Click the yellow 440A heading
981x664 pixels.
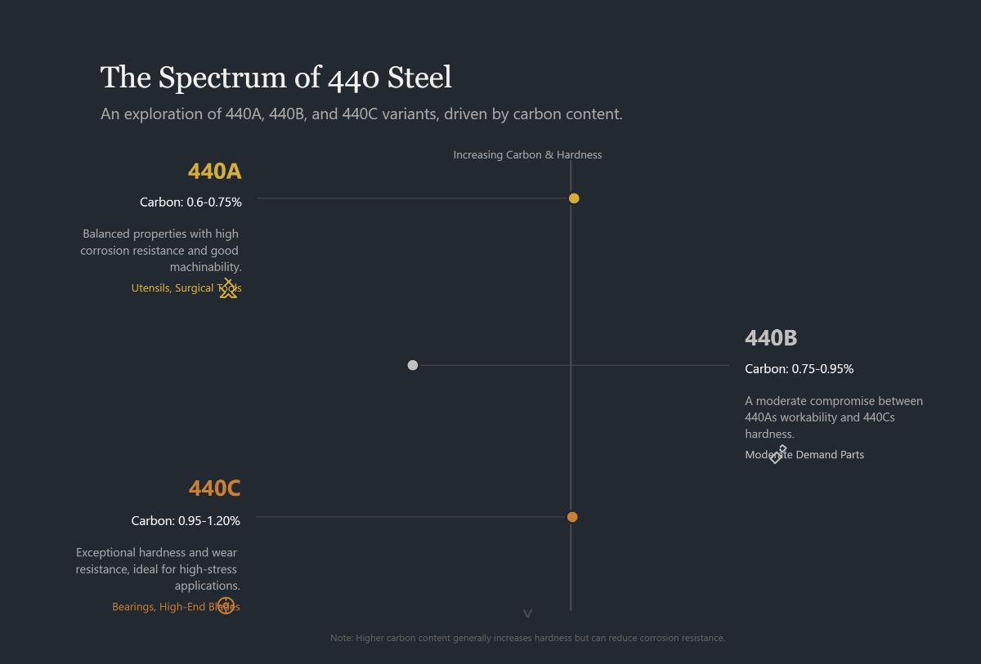point(214,171)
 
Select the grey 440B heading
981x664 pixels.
point(771,337)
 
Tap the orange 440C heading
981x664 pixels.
point(214,488)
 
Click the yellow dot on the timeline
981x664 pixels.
point(574,198)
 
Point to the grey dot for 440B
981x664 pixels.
point(413,365)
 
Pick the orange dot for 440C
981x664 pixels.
point(572,517)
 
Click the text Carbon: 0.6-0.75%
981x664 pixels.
point(190,202)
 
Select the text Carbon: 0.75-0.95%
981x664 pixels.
point(799,369)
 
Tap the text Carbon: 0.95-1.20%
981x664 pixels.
point(186,520)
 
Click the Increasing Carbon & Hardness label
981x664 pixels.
point(527,154)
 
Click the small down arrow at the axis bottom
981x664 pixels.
point(527,613)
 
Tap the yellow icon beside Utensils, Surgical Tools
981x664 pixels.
point(228,288)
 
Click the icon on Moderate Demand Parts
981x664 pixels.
point(777,454)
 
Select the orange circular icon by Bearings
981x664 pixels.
point(226,606)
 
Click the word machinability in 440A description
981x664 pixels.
point(204,267)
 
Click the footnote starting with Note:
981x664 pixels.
point(527,638)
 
